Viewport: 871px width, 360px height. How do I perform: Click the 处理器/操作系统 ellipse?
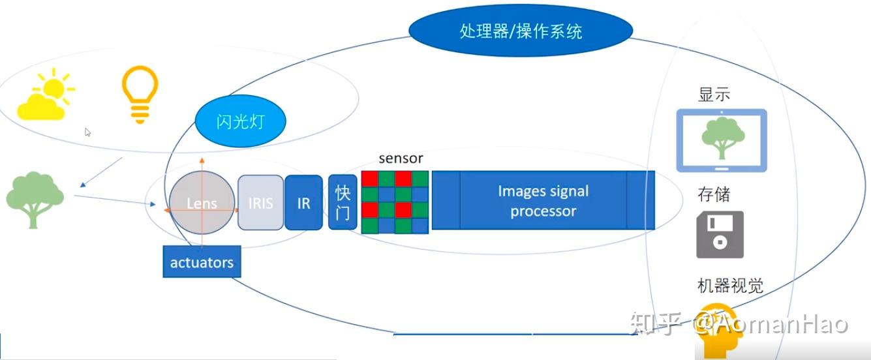point(521,31)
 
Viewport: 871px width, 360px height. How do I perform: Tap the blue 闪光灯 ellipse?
point(241,121)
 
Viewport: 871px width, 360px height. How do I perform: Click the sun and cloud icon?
point(45,97)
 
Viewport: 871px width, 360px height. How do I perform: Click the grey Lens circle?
point(202,203)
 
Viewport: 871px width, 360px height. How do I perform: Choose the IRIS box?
point(260,203)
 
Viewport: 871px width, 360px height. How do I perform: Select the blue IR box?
point(303,203)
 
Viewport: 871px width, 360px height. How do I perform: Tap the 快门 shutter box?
point(343,202)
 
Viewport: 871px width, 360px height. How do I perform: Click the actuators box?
point(202,263)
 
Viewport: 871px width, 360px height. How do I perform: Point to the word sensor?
point(401,158)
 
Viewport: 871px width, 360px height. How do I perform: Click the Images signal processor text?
point(543,201)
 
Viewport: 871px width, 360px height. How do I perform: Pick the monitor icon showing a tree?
point(721,140)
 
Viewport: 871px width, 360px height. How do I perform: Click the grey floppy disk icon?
point(720,234)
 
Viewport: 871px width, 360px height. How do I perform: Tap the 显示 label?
point(714,95)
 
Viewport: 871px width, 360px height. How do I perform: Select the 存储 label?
point(714,194)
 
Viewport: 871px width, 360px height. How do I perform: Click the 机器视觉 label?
point(730,286)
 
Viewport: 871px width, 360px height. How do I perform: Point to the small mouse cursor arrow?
point(87,132)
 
